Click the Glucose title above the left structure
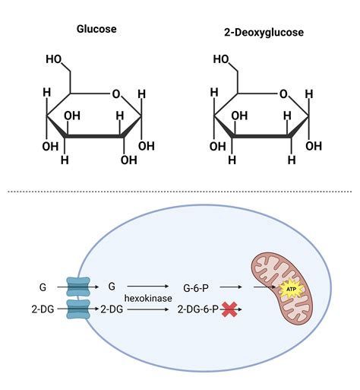(96, 30)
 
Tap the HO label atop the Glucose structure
(55, 59)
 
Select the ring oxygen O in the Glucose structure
(115, 94)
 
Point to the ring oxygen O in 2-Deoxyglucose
(283, 94)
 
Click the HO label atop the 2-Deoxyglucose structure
(222, 59)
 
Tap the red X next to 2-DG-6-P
(229, 309)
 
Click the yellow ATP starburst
(289, 289)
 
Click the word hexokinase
(148, 299)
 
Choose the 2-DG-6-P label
(197, 309)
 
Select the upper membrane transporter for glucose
(77, 287)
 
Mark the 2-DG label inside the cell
(112, 309)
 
